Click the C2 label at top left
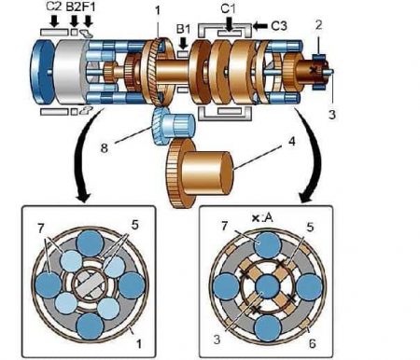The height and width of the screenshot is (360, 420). tap(54, 7)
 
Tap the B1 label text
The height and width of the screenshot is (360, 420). tap(183, 29)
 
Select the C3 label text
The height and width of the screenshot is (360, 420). tap(279, 26)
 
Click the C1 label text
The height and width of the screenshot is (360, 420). tap(228, 8)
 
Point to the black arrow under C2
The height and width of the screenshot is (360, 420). tap(55, 21)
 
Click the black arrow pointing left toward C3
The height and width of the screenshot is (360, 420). tap(260, 26)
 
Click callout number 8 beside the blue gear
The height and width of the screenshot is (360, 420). tap(105, 148)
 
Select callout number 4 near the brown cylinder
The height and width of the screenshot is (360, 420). tap(291, 141)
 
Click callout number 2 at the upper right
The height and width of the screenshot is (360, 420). tap(318, 25)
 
